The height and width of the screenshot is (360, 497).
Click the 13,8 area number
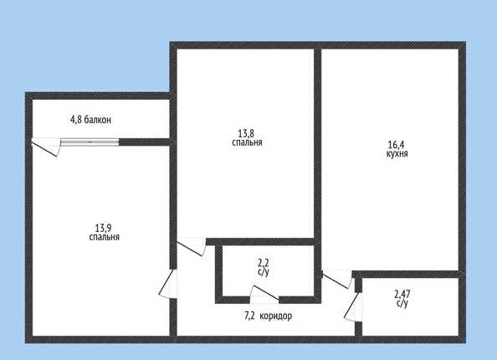click(247, 133)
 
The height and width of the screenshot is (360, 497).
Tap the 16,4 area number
click(397, 145)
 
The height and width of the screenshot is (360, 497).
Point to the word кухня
click(397, 154)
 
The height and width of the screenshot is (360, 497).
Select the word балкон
click(97, 120)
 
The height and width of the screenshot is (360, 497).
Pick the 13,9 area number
click(103, 228)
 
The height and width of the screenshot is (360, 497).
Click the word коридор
click(276, 316)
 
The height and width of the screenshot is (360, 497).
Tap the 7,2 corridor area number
click(250, 316)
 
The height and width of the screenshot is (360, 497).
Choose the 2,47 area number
click(402, 294)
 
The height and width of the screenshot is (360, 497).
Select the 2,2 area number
click(264, 263)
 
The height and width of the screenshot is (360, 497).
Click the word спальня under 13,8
click(247, 142)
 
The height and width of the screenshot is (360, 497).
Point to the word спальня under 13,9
click(104, 237)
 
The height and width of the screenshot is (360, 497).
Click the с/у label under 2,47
click(402, 303)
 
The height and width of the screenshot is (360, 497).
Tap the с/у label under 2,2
click(264, 272)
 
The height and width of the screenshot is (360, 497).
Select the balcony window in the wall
click(90, 142)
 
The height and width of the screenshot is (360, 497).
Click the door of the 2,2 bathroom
click(264, 292)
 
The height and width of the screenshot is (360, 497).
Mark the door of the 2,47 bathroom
click(352, 306)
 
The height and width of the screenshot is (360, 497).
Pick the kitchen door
click(337, 280)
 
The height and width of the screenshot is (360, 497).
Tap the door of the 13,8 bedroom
click(191, 248)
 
